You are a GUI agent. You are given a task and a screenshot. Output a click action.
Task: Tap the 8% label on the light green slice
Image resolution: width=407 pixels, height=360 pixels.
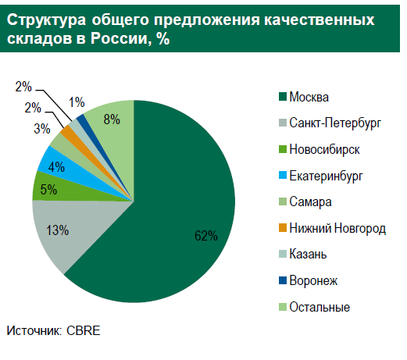tap(112, 119)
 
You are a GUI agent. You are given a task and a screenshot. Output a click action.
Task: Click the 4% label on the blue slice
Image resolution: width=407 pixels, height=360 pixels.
tap(56, 166)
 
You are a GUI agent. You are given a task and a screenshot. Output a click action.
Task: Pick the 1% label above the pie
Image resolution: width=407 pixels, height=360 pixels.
tap(77, 102)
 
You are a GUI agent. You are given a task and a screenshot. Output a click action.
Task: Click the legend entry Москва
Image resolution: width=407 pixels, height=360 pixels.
tap(309, 97)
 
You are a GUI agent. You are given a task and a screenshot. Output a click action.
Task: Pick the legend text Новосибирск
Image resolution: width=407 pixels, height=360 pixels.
tap(324, 149)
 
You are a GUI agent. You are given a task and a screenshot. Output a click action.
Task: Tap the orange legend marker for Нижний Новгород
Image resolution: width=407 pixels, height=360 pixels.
tap(282, 228)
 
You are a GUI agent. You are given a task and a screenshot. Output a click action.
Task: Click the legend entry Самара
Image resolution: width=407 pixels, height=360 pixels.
tap(311, 202)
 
